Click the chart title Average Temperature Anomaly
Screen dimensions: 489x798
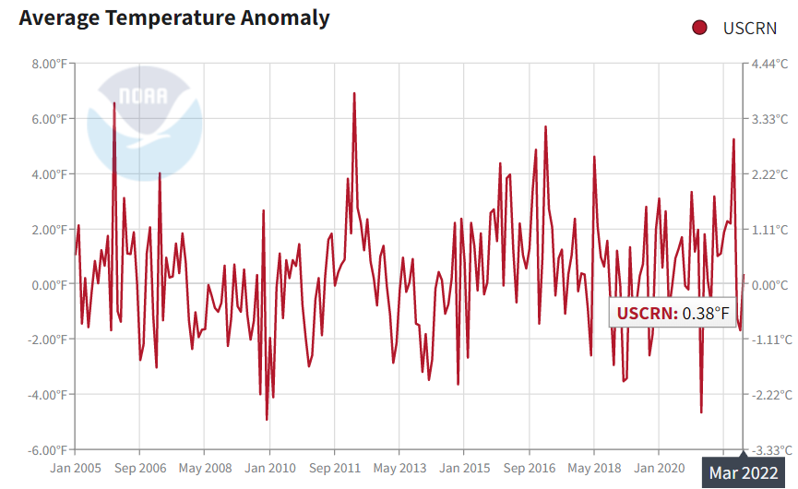coord(174,18)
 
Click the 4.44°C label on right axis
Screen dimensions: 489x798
coord(769,64)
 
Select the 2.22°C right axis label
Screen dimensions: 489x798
coord(769,174)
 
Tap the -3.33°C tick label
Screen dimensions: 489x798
coord(771,450)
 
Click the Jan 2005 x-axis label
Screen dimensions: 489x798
coord(76,468)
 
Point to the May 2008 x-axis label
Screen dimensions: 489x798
coord(205,468)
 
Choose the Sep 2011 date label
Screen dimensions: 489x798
coord(334,468)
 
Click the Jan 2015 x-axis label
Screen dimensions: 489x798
coord(463,468)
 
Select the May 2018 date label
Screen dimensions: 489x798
coord(593,468)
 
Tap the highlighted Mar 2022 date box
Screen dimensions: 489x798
coord(743,473)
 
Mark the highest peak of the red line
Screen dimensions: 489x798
coord(354,93)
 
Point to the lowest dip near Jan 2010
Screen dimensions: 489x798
coord(267,420)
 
